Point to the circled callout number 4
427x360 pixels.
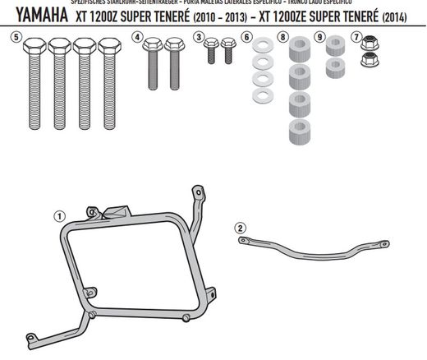(x=137, y=37)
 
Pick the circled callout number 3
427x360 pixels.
(x=200, y=37)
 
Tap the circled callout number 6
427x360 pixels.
(x=246, y=37)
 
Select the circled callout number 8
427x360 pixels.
(x=282, y=37)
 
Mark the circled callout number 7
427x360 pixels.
(x=356, y=37)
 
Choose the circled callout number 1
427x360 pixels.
(x=59, y=216)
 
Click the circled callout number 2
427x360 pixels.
(x=240, y=227)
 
